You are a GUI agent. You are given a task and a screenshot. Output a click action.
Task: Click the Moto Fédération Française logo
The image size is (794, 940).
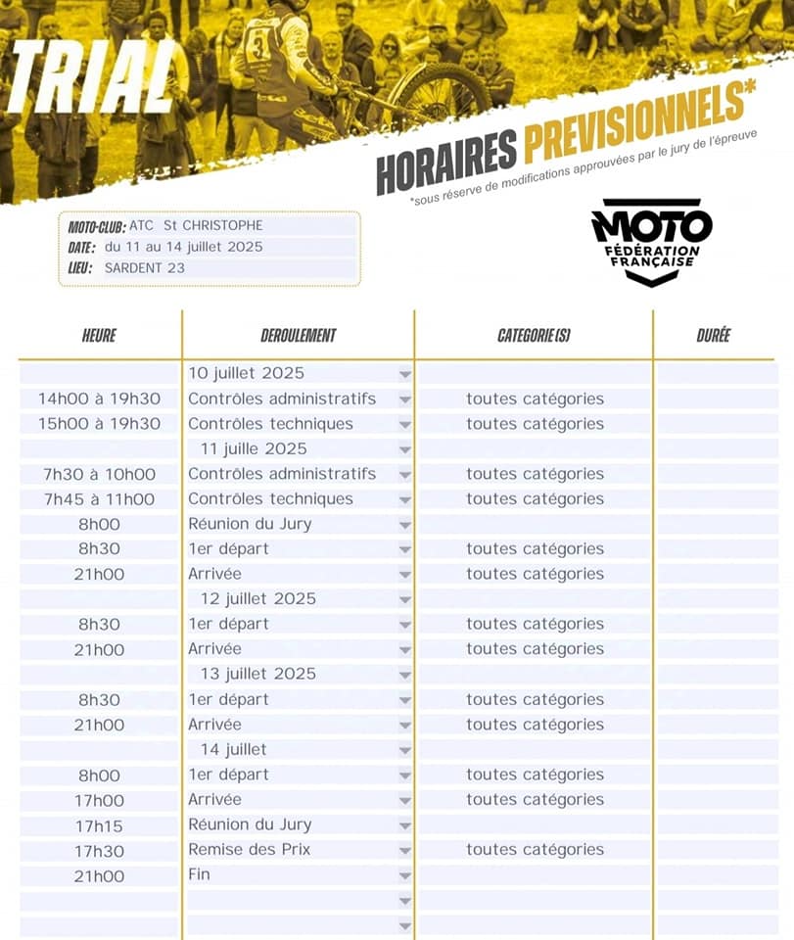click(651, 241)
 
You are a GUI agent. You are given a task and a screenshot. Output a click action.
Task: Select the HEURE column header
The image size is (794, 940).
click(99, 336)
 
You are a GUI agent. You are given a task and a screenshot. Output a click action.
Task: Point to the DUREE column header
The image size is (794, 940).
click(713, 336)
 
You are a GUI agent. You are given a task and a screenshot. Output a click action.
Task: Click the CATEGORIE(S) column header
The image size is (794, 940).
click(534, 336)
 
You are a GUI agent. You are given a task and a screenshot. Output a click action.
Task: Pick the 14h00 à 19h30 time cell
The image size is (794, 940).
click(99, 399)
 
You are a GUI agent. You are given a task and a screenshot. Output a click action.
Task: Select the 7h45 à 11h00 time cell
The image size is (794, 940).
click(99, 499)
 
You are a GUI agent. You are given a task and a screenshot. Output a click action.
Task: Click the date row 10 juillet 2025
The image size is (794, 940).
click(246, 373)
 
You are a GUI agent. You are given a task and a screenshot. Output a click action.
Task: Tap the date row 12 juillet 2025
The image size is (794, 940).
click(257, 599)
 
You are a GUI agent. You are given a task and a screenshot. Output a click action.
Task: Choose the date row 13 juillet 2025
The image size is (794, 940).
click(257, 674)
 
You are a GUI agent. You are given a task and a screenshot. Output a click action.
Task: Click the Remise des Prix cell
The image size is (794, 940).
click(249, 850)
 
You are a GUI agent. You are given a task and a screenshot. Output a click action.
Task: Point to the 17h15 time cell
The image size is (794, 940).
click(99, 825)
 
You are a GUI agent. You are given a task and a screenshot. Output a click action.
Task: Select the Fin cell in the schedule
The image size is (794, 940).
click(199, 874)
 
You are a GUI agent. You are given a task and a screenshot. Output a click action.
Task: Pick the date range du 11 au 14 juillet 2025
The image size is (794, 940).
click(184, 247)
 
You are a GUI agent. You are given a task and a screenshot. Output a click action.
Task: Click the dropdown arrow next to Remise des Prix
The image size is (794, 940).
click(404, 851)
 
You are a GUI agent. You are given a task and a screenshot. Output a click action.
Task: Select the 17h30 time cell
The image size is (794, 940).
click(99, 851)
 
